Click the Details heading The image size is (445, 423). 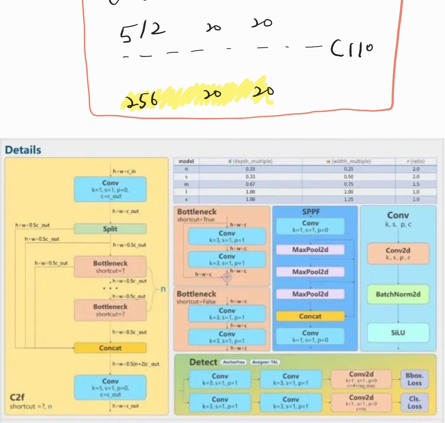(23, 150)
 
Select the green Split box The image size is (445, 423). (110, 229)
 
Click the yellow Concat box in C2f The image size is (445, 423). (110, 348)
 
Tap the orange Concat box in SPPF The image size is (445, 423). (310, 316)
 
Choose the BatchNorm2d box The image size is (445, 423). (398, 294)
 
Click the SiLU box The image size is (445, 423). (398, 333)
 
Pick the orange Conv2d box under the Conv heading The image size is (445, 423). (398, 253)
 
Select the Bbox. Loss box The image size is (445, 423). (414, 379)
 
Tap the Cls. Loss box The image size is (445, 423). (414, 403)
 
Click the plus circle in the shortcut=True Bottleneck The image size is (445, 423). (227, 277)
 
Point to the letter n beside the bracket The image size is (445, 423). (163, 289)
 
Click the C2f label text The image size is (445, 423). (17, 397)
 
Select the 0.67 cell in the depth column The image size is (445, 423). (250, 184)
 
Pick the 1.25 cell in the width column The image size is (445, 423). (349, 199)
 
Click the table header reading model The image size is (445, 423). (186, 161)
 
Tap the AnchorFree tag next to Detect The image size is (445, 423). (234, 362)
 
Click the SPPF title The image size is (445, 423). (311, 212)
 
